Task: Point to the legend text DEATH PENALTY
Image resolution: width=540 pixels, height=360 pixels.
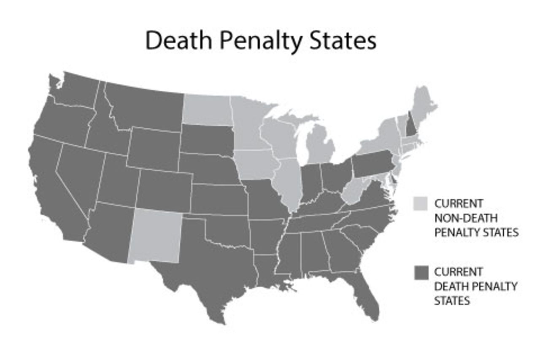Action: click(475, 286)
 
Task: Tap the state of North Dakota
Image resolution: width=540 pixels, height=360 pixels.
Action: click(207, 110)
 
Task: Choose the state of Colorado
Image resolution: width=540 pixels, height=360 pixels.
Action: click(164, 190)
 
